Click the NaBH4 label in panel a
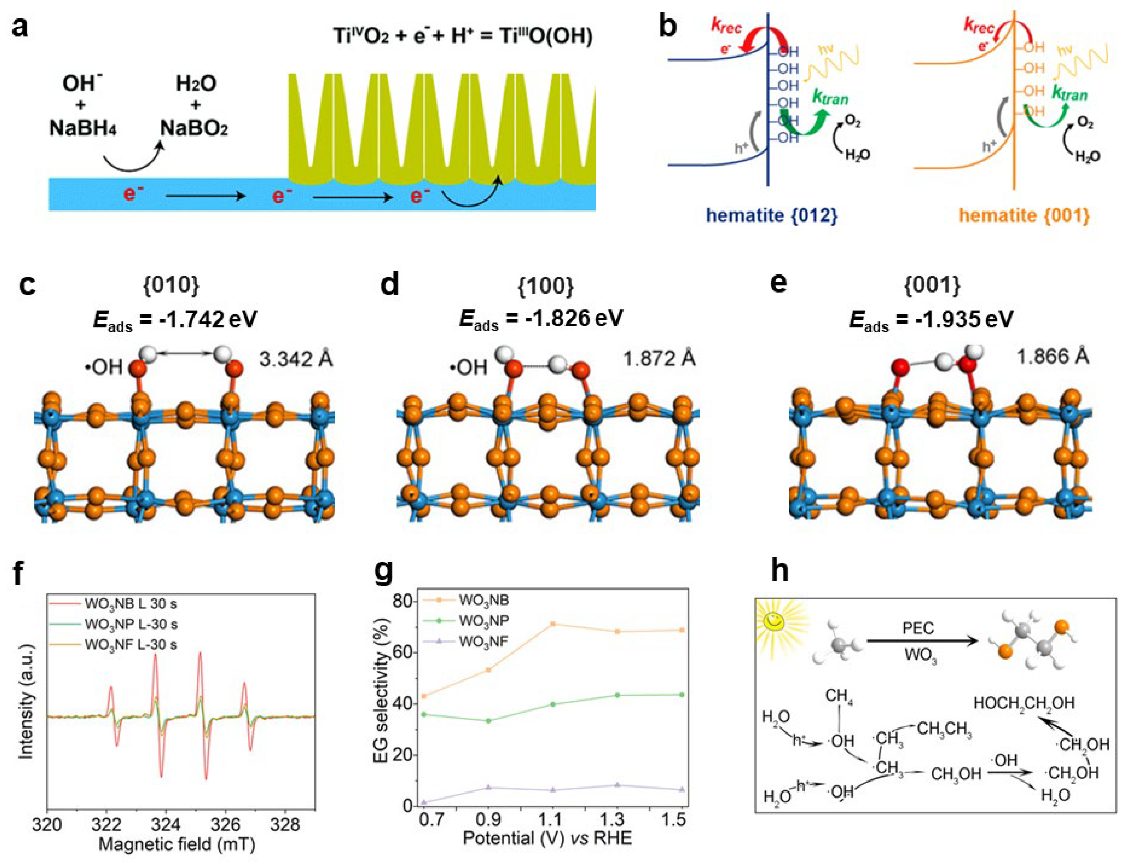tap(83, 128)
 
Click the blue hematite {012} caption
tap(772, 215)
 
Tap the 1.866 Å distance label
tap(1053, 356)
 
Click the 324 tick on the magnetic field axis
tap(166, 825)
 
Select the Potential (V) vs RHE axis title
tap(547, 838)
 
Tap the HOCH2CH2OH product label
tap(1024, 703)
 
